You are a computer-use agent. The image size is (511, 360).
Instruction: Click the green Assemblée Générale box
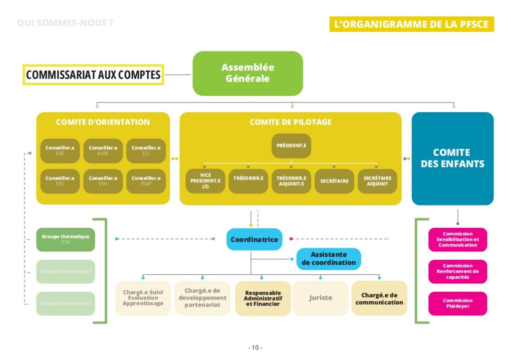pos(248,73)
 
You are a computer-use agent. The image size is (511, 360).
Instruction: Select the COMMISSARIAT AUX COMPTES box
pos(93,75)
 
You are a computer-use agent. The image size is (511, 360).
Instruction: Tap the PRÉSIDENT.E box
pos(291,146)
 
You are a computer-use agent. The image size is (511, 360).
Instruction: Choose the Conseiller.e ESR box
pos(60,151)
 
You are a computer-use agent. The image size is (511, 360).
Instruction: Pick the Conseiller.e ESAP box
pos(146,181)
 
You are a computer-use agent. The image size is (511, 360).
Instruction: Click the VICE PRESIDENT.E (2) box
pos(205,181)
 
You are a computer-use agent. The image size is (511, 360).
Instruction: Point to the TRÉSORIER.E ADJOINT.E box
pos(291,181)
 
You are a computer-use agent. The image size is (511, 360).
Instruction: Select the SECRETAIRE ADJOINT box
pos(377,181)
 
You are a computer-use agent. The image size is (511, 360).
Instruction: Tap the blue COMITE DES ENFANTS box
pos(452,158)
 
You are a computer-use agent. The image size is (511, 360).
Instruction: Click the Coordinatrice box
pos(255,239)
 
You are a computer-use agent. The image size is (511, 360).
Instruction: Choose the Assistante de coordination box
pos(329,259)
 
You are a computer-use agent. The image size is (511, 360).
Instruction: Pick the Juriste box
pos(320,298)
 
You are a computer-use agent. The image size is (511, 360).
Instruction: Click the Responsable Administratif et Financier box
pos(263,298)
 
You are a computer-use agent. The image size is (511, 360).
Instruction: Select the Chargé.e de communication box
pos(379,298)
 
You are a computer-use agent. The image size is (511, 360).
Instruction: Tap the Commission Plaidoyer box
pos(458,303)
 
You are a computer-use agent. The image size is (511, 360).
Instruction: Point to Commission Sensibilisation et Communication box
pos(458,239)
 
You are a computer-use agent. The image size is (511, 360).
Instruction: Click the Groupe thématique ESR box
pos(65,239)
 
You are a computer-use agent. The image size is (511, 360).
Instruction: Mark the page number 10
pos(255,348)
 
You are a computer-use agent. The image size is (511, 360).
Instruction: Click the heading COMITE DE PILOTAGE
pos(290,122)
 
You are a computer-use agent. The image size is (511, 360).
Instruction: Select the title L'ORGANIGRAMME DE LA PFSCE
pos(411,24)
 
